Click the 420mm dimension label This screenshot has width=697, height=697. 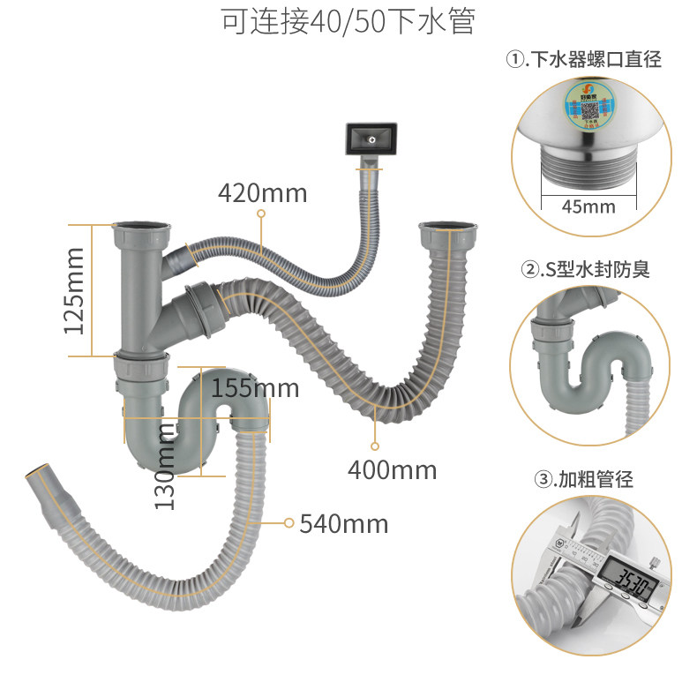263,193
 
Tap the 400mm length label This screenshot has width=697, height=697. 392,470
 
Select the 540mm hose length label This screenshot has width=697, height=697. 343,523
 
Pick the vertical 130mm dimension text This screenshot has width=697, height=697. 166,465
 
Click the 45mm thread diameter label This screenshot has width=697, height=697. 588,206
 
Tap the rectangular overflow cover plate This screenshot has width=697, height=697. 373,139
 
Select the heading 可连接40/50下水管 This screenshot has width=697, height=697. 348,22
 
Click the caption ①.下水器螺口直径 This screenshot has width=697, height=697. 582,60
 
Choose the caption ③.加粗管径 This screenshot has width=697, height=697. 584,479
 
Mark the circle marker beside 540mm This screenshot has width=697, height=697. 288,523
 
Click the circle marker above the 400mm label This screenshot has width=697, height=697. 375,446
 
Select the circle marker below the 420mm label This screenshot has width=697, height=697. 261,214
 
